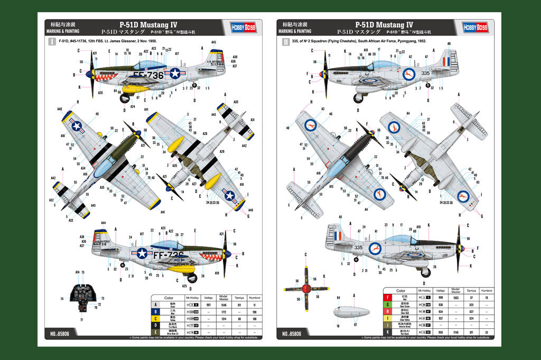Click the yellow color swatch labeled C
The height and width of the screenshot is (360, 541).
tap(155, 319)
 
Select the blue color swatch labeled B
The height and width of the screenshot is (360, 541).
tap(155, 312)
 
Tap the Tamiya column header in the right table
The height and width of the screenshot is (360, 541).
tap(471, 291)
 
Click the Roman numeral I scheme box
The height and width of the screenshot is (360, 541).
tap(52, 41)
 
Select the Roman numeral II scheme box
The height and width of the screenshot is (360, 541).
tap(286, 41)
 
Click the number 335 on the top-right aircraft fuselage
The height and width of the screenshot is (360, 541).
tap(425, 73)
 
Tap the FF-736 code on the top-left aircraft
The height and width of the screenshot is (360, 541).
tap(148, 75)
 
